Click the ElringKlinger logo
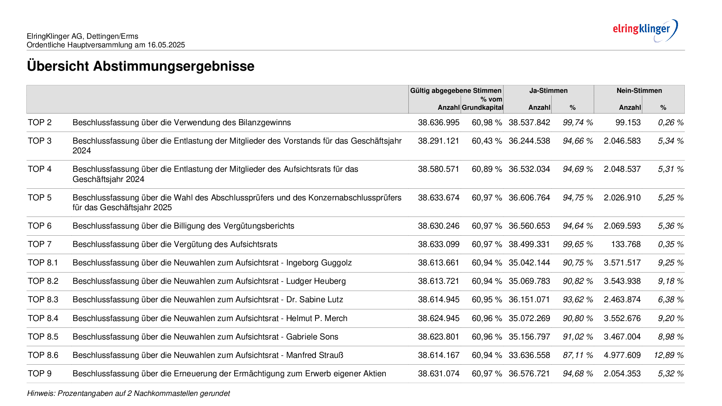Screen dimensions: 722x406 click(645, 30)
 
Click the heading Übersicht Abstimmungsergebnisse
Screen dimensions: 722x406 click(141, 66)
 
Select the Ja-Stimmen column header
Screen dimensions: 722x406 click(548, 91)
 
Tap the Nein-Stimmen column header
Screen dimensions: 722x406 click(639, 91)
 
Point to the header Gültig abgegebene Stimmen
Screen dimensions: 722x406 click(456, 91)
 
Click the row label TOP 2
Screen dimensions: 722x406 click(40, 123)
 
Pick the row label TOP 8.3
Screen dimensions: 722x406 click(43, 300)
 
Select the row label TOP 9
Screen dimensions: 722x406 click(40, 374)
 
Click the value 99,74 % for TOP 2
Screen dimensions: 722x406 click(578, 123)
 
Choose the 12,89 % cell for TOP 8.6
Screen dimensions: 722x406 click(669, 355)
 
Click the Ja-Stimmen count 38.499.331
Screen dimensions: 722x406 click(529, 244)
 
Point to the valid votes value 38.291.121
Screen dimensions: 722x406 click(438, 141)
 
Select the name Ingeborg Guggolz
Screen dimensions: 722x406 click(319, 263)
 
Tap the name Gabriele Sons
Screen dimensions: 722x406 click(312, 337)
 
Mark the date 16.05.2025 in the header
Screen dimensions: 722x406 click(166, 45)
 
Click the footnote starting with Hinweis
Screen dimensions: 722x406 click(128, 393)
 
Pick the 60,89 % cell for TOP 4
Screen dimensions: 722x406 click(487, 169)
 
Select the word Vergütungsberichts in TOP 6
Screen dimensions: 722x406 click(259, 226)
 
